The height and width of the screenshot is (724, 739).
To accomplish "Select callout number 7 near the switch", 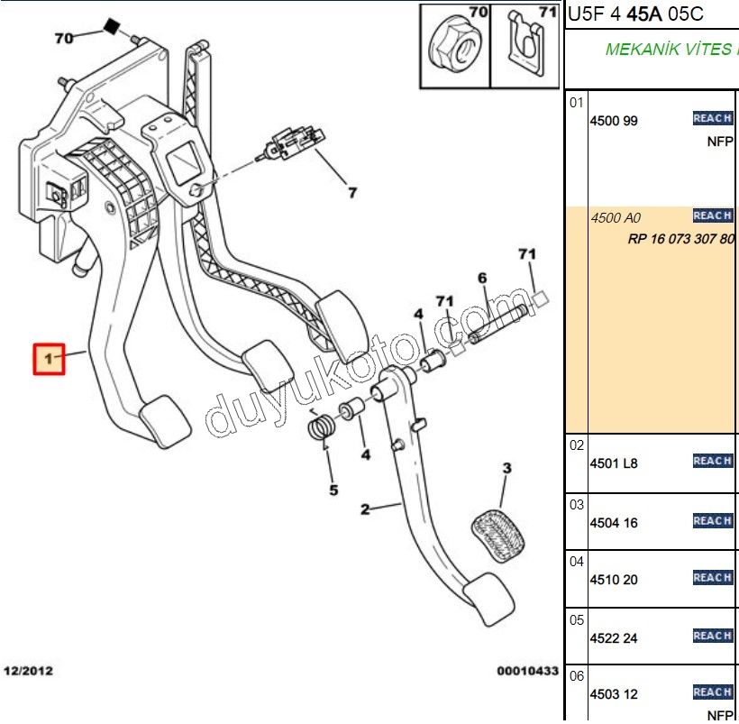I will pos(352,192).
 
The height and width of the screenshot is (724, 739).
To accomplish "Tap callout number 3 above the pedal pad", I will pos(506,468).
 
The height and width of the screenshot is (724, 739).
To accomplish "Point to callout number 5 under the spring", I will pos(333,490).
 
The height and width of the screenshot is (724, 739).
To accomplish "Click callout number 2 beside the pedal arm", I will pos(365,509).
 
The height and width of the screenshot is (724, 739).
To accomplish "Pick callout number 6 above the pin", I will pos(482,278).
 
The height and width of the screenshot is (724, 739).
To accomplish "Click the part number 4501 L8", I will pos(614,463).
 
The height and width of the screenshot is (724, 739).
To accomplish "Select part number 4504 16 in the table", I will pos(614,523).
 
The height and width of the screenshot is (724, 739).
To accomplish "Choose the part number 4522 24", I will pos(614,638).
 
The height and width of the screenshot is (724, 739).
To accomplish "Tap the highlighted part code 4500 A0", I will pos(616,218).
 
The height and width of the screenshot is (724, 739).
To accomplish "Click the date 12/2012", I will pos(30,672).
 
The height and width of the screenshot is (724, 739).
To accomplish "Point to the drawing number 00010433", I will pos(527,672).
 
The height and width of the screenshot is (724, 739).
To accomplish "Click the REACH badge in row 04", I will pos(712,578).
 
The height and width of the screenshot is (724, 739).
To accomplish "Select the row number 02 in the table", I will pos(577,445).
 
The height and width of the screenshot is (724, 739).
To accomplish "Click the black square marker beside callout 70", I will pos(112,26).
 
